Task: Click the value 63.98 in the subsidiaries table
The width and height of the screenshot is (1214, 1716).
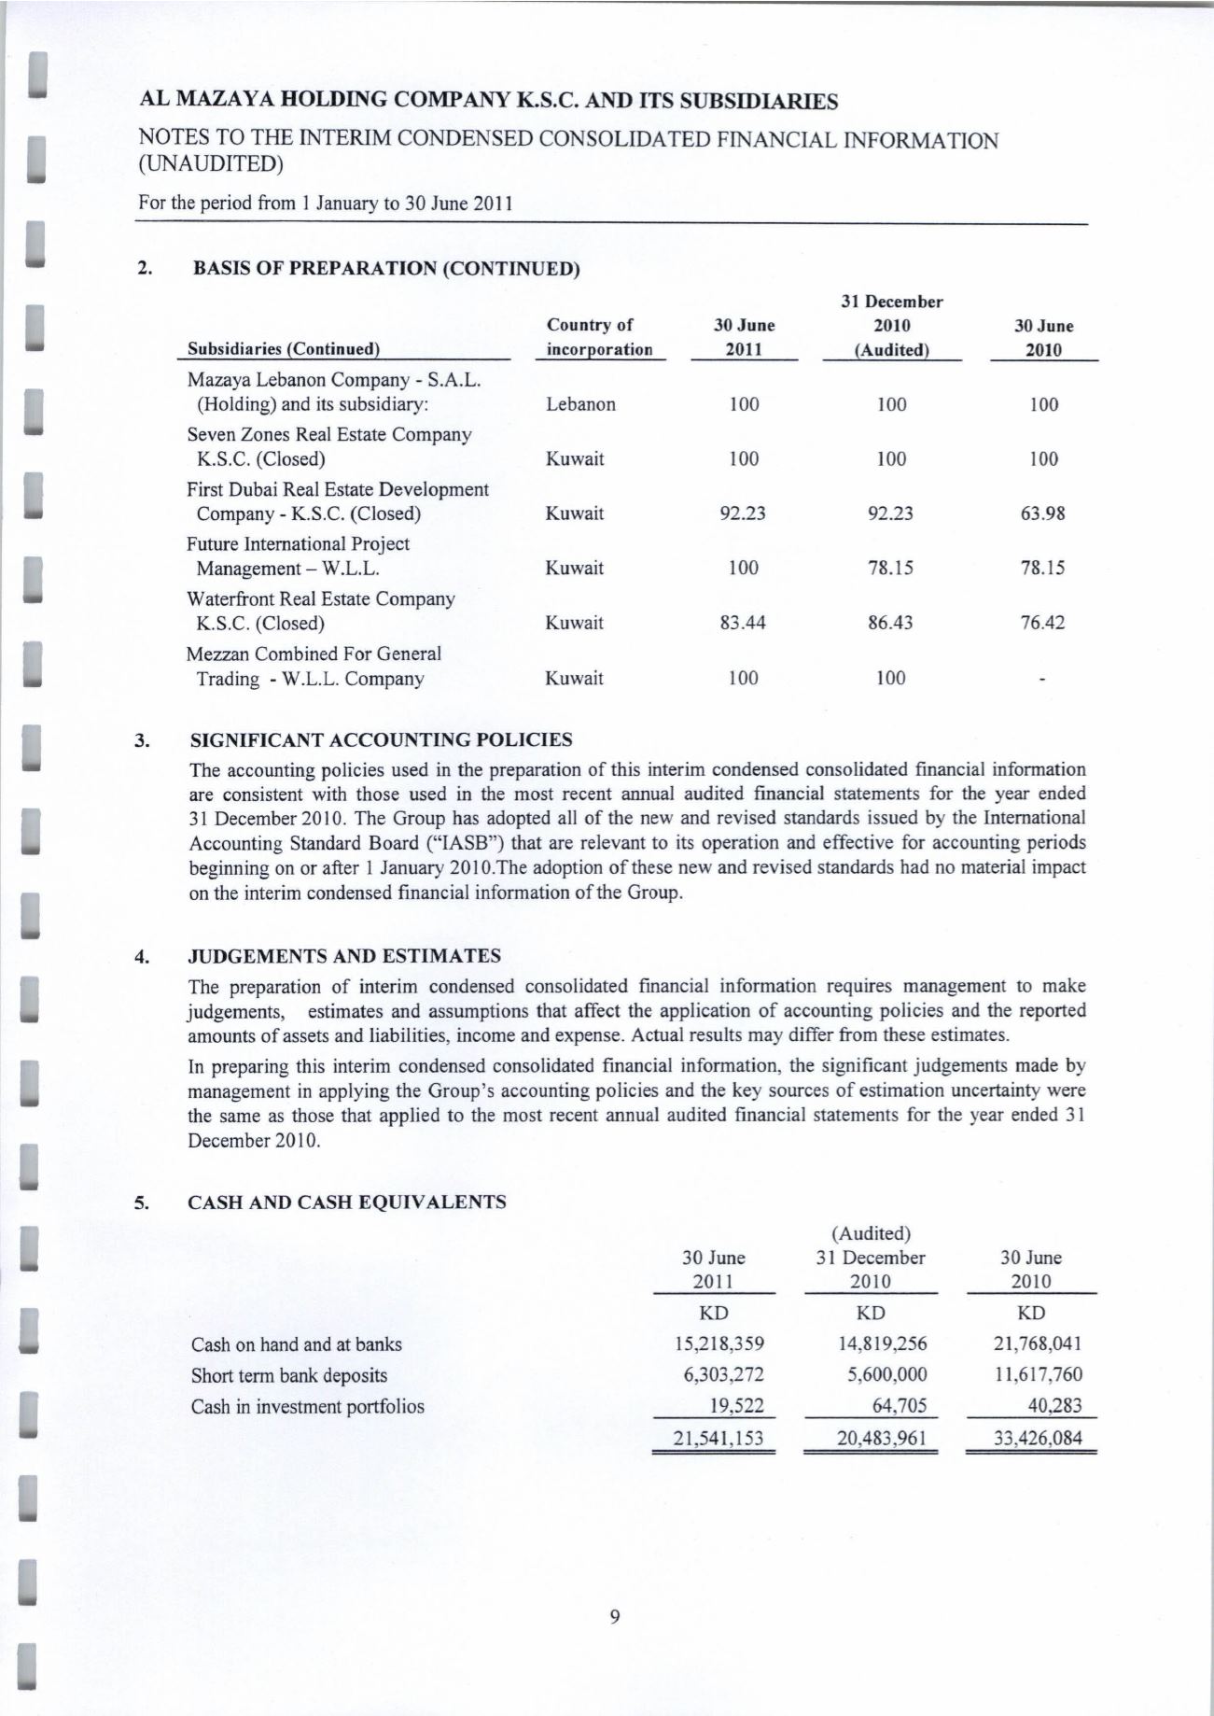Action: pos(1043,513)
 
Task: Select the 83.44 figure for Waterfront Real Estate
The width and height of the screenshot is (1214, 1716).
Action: pos(743,623)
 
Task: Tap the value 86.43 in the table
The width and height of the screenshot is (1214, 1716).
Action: pos(890,623)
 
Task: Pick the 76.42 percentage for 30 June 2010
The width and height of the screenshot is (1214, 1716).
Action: pos(1042,623)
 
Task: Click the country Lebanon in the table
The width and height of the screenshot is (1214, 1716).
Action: pos(580,404)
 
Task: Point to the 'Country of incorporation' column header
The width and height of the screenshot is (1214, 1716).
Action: pos(598,338)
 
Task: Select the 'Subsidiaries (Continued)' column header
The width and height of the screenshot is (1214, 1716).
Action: pos(283,349)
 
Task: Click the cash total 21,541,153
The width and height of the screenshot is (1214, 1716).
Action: pos(719,1438)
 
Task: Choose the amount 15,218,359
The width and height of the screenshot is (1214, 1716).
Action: pos(719,1344)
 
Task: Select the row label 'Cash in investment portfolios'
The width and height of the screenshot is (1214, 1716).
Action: pos(307,1406)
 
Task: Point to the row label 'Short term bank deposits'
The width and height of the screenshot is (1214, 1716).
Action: pos(288,1375)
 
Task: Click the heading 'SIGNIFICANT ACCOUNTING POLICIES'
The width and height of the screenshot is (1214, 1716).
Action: pos(381,740)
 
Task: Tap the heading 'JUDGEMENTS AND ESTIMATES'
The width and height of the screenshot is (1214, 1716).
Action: pos(344,956)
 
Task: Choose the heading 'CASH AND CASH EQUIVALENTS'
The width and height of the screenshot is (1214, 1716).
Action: pos(347,1203)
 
